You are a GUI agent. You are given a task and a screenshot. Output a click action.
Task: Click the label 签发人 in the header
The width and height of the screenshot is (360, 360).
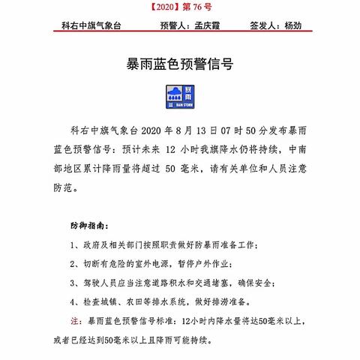(x=259, y=25)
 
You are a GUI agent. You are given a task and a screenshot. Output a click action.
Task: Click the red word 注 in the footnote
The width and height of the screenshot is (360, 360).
(x=73, y=321)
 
